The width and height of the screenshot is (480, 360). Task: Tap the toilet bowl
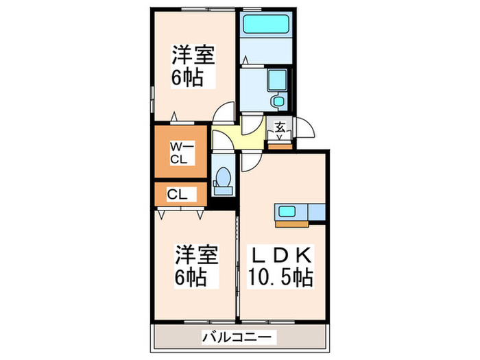221,180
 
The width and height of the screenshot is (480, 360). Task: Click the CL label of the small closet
177,195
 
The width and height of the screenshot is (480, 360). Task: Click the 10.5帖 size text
280,278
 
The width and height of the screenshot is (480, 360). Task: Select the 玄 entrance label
280,126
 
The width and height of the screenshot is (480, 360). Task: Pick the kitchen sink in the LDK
287,211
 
